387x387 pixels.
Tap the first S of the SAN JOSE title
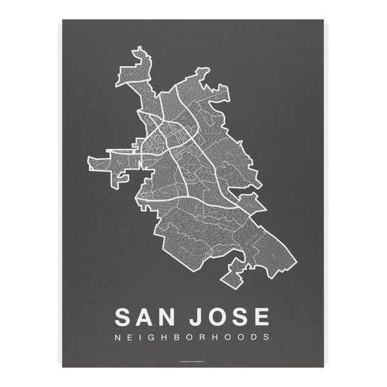pyautogui.click(x=124, y=317)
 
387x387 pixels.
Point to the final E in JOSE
pyautogui.click(x=261, y=317)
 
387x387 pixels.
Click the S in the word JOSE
pyautogui.click(x=239, y=317)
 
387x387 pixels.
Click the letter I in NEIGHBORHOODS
pyautogui.click(x=143, y=337)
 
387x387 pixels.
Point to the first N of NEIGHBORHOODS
pyautogui.click(x=117, y=337)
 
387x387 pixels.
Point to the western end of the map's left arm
pyautogui.click(x=90, y=163)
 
